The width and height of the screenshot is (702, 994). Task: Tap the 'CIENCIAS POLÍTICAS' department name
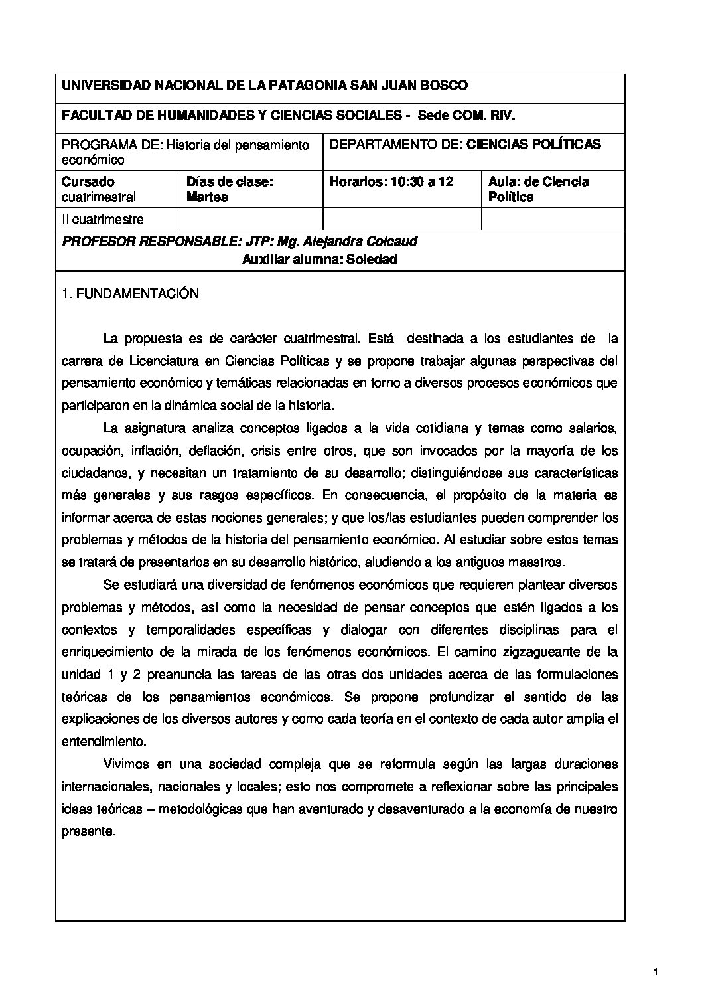pos(534,144)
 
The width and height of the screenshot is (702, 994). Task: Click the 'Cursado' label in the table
pos(88,181)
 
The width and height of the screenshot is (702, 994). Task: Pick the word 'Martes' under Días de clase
pos(207,197)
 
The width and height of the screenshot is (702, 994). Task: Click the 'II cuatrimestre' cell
pos(103,219)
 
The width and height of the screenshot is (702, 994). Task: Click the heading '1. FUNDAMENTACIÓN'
pos(129,293)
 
